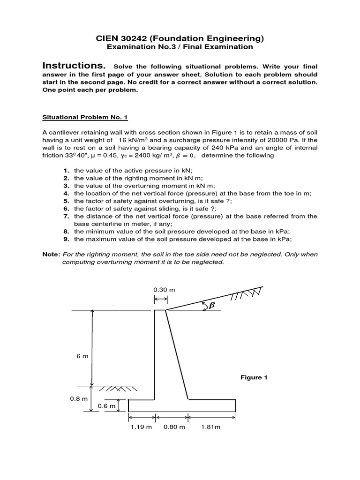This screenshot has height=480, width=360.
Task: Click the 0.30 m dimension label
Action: coord(164,290)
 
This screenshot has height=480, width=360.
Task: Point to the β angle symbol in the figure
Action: coord(211,305)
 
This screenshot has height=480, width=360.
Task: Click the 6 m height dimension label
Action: coord(82,356)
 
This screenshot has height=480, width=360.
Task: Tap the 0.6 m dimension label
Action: coord(106,406)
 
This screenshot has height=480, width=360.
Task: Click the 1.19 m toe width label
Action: coord(141,427)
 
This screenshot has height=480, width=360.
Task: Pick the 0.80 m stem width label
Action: coord(174,427)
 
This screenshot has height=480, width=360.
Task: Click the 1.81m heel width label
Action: coord(210,427)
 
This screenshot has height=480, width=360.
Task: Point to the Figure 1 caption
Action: coord(254,377)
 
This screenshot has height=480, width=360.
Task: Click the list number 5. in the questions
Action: coord(67,201)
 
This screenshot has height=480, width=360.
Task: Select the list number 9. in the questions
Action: coord(67,239)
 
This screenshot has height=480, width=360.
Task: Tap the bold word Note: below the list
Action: coord(51,254)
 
